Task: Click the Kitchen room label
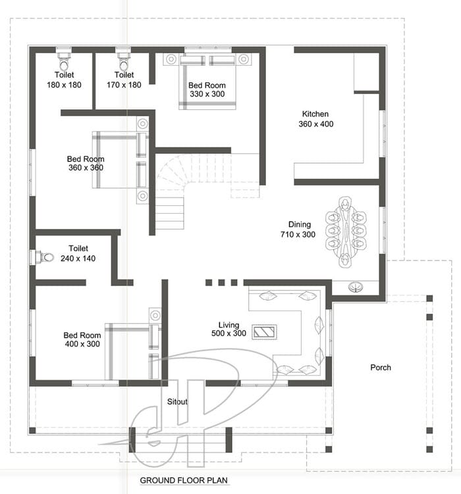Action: (315, 114)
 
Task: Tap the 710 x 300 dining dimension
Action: (298, 234)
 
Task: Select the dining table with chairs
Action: (346, 232)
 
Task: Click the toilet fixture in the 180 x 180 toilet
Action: (64, 61)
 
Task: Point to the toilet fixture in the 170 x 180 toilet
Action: (124, 61)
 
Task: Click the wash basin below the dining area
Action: (356, 287)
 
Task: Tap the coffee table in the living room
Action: (264, 332)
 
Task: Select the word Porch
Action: (381, 367)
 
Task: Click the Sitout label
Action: (177, 402)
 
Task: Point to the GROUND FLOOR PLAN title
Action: (184, 480)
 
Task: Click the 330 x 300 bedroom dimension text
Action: (207, 94)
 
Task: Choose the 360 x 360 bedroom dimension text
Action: (86, 168)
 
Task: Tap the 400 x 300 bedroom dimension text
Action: (82, 344)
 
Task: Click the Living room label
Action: (229, 325)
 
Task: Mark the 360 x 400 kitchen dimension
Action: (316, 124)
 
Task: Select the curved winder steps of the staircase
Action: (173, 174)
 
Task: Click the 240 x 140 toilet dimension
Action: (78, 259)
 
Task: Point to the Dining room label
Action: (300, 224)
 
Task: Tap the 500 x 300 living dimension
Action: (229, 333)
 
